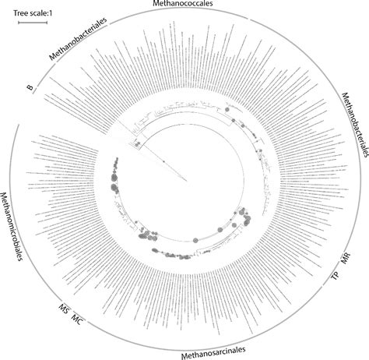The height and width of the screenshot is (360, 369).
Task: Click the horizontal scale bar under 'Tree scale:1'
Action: [x=32, y=24]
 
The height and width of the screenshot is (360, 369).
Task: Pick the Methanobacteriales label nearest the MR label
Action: [x=354, y=125]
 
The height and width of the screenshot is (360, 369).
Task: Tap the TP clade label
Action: [x=336, y=277]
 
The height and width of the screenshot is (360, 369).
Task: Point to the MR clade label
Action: [x=346, y=259]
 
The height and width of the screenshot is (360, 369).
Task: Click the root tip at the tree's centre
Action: [x=187, y=181]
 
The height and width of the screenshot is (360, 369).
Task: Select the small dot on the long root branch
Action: [x=163, y=161]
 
